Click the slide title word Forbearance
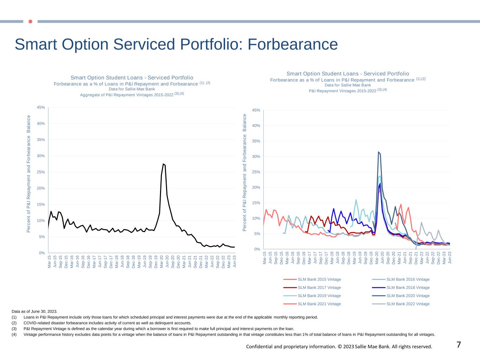pos(293,45)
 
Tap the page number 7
pos(459,345)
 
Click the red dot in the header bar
pos(30,21)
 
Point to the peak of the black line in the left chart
pos(163,164)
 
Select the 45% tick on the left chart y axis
pos(41,107)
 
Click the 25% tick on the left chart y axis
pos(41,172)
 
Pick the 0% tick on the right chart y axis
pos(257,249)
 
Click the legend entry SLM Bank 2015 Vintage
pos(319,279)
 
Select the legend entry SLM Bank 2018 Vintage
pos(408,288)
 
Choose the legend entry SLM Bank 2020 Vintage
pos(408,296)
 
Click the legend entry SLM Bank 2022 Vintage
pos(408,304)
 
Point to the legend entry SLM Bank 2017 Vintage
pos(319,288)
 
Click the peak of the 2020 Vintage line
pos(378,152)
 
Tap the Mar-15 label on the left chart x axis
pos(49,262)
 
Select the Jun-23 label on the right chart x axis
pos(450,258)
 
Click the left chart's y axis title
pos(29,174)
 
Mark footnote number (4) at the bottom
pos(14,334)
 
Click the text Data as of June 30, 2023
pos(34,311)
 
